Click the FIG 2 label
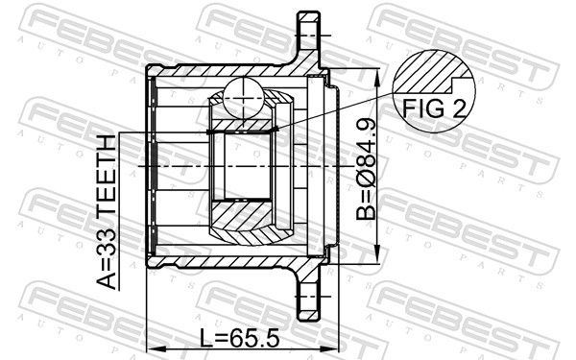point(434,108)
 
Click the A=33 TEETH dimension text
point(107,211)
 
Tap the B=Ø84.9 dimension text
point(367,169)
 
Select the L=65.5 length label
point(240,338)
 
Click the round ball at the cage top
point(244,98)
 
